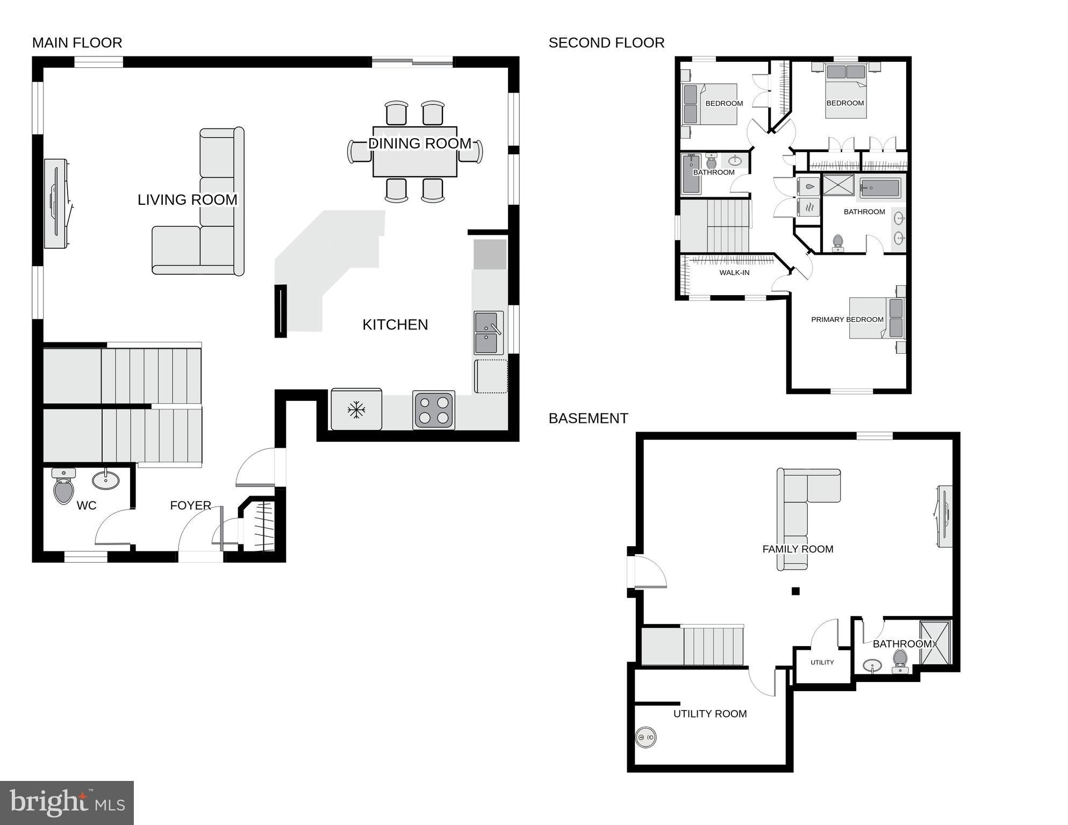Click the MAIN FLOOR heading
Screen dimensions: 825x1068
(x=77, y=43)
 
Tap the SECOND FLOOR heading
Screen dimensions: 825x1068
(x=606, y=43)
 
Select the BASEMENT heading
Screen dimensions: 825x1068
(x=588, y=419)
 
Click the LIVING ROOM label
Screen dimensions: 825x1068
(x=187, y=200)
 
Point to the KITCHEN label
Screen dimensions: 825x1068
(x=395, y=325)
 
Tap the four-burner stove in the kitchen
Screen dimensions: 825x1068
(x=434, y=410)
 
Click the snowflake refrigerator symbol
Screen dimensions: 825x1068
(x=356, y=410)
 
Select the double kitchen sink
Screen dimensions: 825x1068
(x=488, y=333)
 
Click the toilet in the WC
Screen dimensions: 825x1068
(x=64, y=486)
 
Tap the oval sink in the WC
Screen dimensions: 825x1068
(x=106, y=479)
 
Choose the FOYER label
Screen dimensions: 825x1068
(x=190, y=506)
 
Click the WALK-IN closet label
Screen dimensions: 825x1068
(x=734, y=273)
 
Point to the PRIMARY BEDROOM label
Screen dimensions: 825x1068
(x=847, y=320)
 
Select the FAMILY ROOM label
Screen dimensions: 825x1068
(x=798, y=549)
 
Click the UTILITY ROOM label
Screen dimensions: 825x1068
(x=710, y=714)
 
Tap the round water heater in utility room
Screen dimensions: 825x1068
(x=646, y=737)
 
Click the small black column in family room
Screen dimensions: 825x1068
(x=795, y=591)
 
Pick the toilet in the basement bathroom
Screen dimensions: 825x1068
(x=900, y=660)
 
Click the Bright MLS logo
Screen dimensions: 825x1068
(x=67, y=803)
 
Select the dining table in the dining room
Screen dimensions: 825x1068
(x=415, y=152)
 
